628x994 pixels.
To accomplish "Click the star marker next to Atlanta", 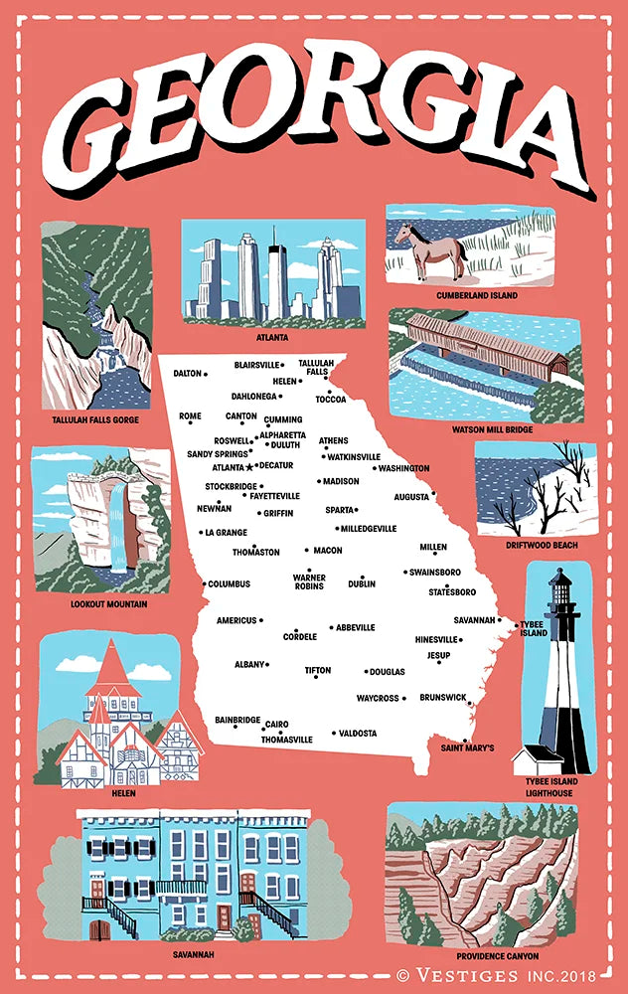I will pos(249,466).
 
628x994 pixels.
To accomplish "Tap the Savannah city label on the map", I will pos(474,619).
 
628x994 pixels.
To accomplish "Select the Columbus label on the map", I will pos(229,583).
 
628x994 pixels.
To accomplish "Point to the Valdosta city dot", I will pos(334,733).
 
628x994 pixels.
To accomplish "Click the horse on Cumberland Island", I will pos(430,249).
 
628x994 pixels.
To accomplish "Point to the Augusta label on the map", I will pos(411,495).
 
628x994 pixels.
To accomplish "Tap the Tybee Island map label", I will pos(534,628).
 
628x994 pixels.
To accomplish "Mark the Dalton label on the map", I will pos(187,374).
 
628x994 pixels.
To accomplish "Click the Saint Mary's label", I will pos(467,746).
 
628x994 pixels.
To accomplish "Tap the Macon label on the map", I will pos(327,550).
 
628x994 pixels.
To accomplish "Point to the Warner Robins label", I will pos(309,581).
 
